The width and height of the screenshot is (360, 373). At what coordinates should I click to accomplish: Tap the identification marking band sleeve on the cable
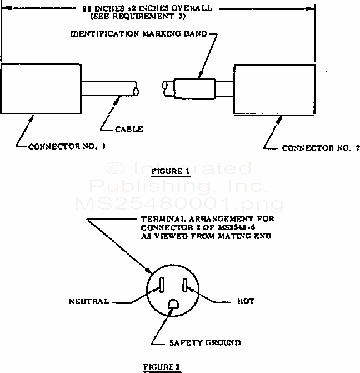tap(194, 88)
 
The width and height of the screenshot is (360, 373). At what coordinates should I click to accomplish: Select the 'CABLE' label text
tap(130, 129)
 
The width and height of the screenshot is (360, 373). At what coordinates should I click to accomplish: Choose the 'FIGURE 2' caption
tap(161, 367)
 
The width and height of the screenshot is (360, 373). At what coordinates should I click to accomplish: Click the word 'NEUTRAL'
tap(88, 301)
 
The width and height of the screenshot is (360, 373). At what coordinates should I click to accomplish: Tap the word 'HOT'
tap(246, 301)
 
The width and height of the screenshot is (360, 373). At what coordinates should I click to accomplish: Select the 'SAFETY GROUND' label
tap(204, 343)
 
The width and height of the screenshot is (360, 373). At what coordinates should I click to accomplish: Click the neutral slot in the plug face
tap(161, 285)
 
